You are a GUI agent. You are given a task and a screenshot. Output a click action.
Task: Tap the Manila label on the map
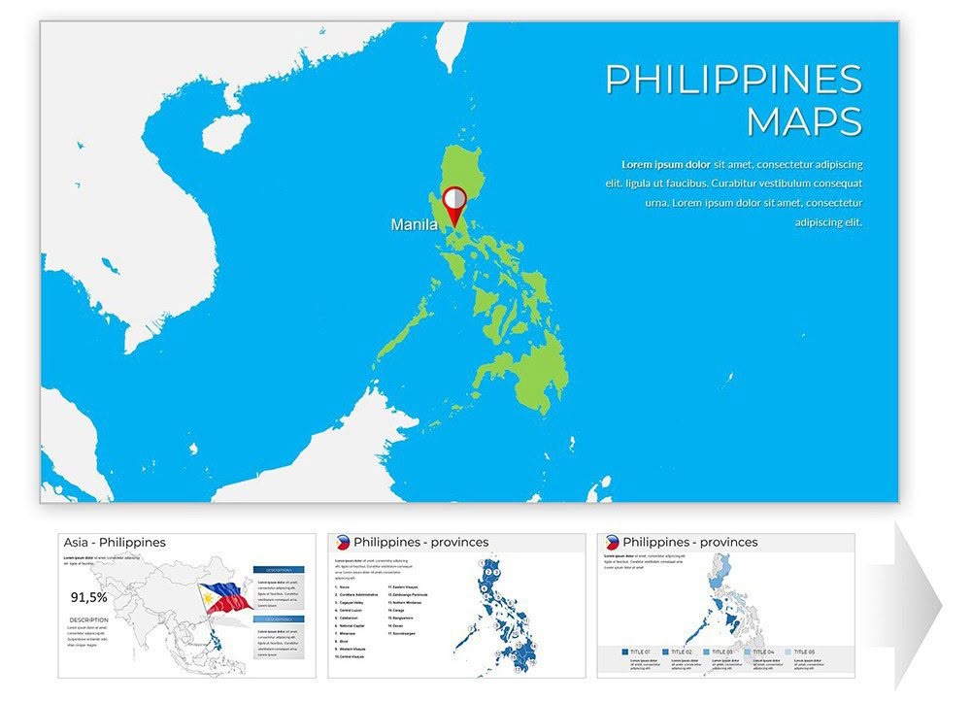(414, 225)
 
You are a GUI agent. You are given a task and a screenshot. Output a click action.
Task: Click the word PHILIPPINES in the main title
(733, 80)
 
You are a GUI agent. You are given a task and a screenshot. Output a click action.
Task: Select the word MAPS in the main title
(804, 122)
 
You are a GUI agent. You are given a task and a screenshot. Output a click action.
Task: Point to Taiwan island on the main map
(449, 47)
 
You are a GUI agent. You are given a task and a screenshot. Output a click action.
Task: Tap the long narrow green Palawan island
(401, 330)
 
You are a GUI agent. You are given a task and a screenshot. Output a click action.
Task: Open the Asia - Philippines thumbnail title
(115, 543)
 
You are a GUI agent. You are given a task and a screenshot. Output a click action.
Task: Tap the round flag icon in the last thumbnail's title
(611, 543)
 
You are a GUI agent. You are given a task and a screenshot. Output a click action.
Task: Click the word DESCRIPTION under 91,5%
(88, 619)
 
